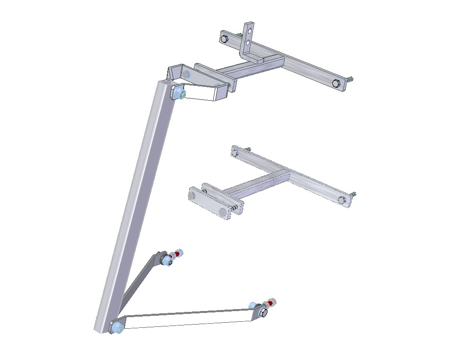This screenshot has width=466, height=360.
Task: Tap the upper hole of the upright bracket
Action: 250,31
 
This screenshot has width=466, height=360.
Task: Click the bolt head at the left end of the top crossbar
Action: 225,38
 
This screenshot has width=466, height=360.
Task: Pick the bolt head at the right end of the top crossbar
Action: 336,83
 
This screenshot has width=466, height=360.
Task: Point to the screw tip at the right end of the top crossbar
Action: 350,79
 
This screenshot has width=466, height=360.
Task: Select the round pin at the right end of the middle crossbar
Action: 342,200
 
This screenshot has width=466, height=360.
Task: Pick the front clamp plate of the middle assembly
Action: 209,203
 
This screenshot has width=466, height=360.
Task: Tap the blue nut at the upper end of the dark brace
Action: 165,262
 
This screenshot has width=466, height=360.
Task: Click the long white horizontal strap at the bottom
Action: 186,319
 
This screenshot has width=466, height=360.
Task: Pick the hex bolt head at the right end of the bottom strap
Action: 262,313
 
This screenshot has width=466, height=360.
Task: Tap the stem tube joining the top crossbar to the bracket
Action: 252,68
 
